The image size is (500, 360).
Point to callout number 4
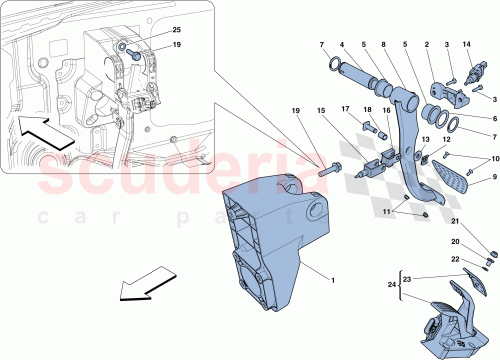click(343, 45)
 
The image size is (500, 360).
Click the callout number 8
click(386, 45)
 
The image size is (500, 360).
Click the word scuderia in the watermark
click(180, 175)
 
